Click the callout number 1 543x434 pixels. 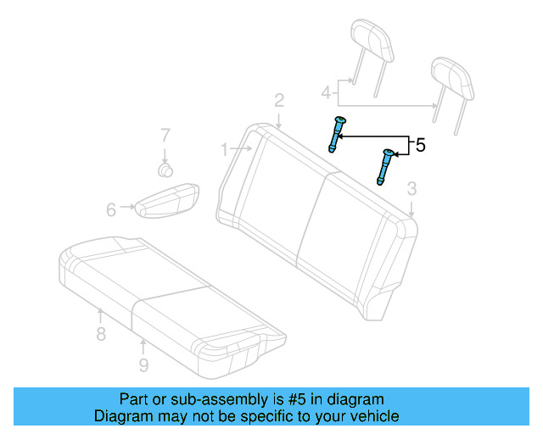[x=225, y=150]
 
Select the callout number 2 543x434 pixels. [x=279, y=101]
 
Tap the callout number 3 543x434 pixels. [x=411, y=188]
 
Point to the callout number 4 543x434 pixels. [x=326, y=92]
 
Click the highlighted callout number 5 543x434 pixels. [x=420, y=146]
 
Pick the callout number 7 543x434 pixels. [x=165, y=134]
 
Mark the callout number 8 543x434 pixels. [x=101, y=334]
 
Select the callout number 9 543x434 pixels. [x=143, y=364]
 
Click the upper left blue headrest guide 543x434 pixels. [x=337, y=134]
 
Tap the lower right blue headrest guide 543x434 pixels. [x=386, y=166]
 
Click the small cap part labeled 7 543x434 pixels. [x=166, y=169]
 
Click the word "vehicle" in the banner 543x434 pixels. [x=371, y=416]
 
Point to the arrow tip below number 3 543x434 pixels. [x=411, y=214]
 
